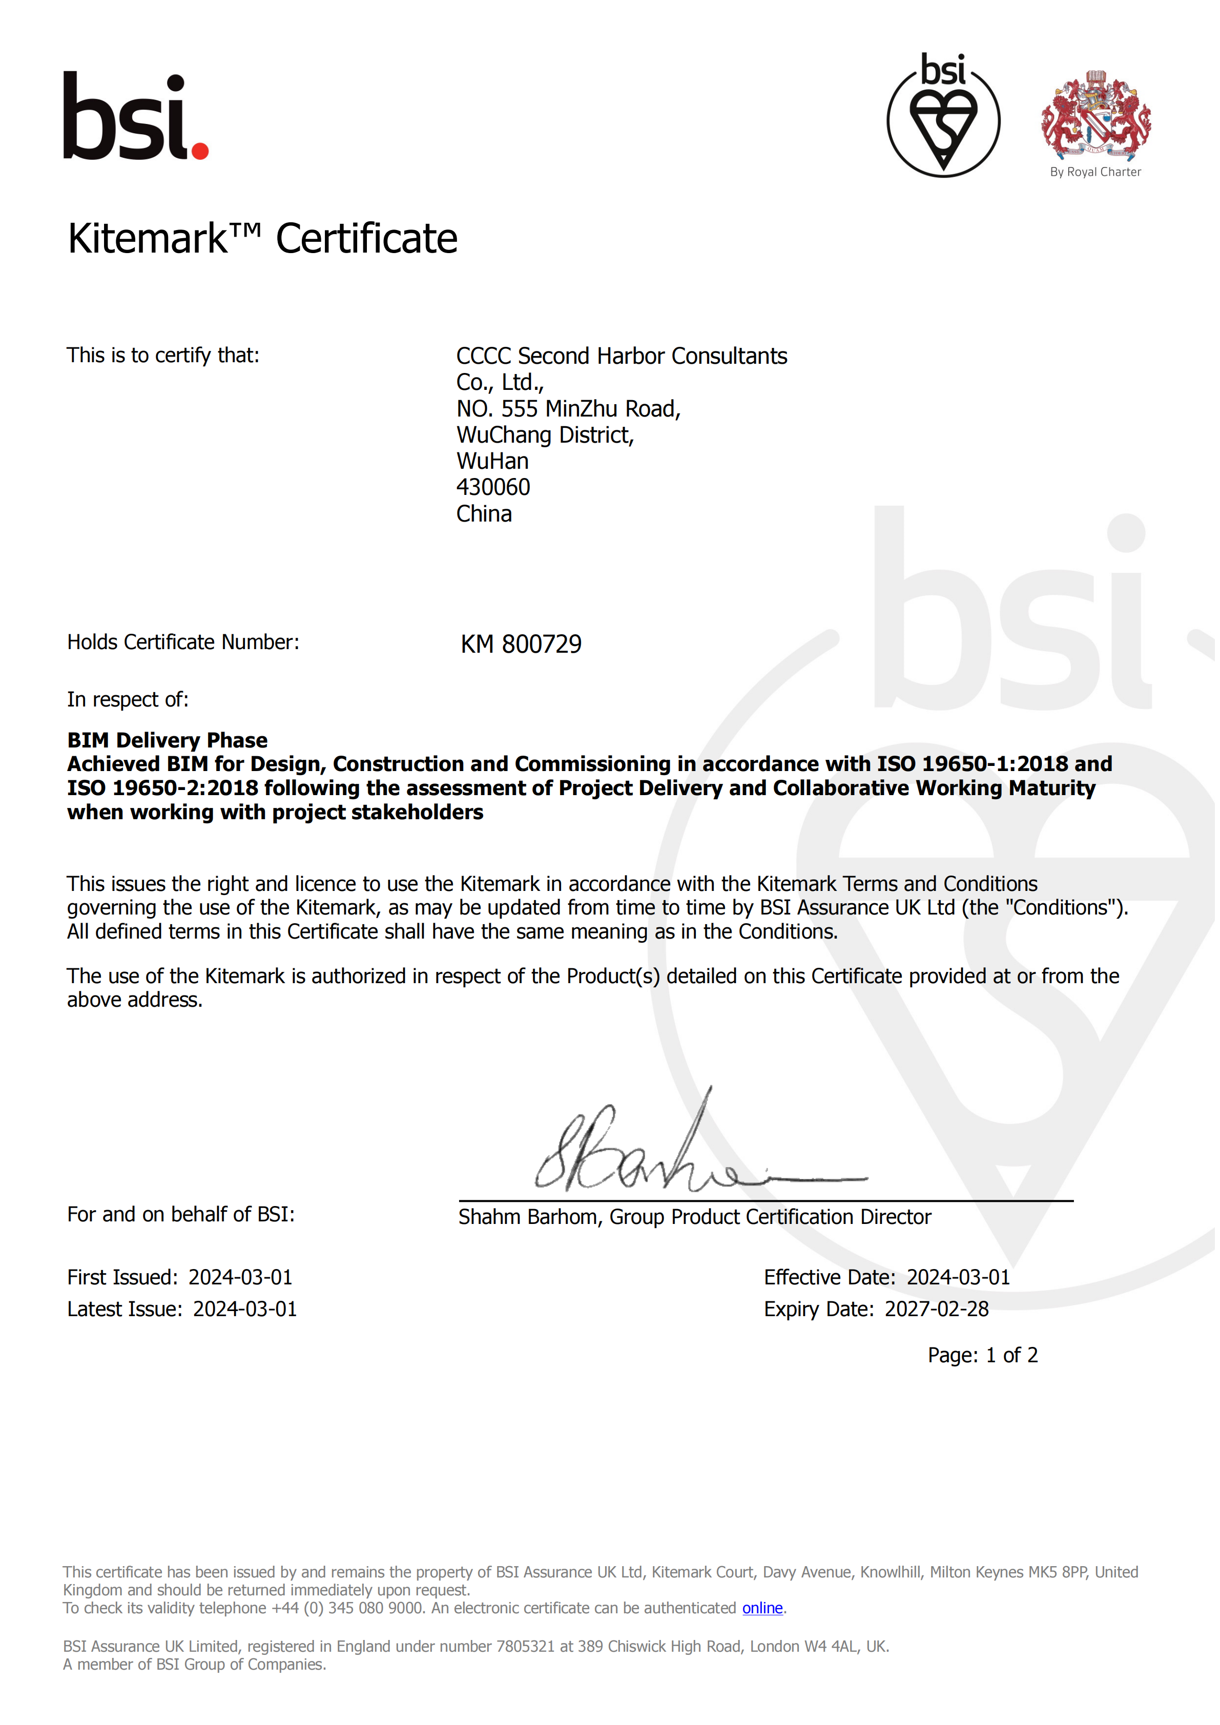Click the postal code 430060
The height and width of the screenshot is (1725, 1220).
(493, 488)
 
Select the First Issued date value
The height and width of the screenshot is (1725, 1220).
(240, 1277)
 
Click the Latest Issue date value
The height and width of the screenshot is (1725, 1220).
(245, 1309)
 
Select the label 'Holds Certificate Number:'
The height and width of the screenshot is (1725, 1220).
(183, 642)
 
